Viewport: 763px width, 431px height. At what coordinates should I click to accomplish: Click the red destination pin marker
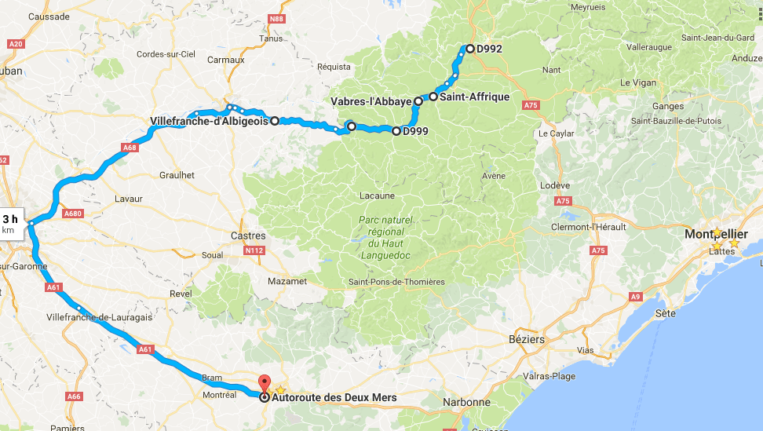264,384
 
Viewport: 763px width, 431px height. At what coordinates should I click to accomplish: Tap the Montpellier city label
716,235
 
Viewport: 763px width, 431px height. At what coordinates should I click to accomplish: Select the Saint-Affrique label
474,97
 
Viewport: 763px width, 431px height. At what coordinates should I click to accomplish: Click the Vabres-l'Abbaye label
371,102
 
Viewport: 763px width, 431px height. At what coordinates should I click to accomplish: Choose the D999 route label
414,131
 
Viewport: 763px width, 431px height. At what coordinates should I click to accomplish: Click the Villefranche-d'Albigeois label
208,121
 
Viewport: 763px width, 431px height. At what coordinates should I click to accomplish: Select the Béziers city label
526,340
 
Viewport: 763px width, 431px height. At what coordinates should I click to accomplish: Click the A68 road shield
131,147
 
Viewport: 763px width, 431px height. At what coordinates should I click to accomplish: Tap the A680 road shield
74,214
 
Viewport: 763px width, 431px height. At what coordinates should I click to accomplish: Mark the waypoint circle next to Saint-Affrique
433,97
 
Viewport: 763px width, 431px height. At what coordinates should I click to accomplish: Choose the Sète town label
665,313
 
